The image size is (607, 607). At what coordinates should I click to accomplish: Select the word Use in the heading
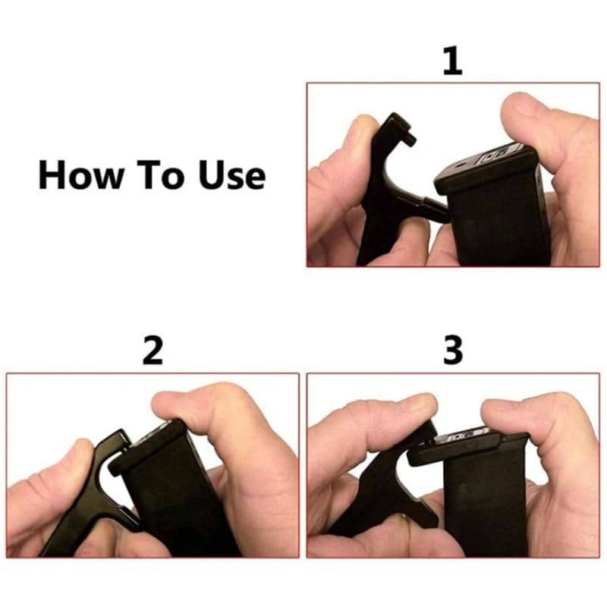tap(233, 175)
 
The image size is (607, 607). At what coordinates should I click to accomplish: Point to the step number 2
tap(153, 351)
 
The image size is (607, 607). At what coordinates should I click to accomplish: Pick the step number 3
tap(452, 351)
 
